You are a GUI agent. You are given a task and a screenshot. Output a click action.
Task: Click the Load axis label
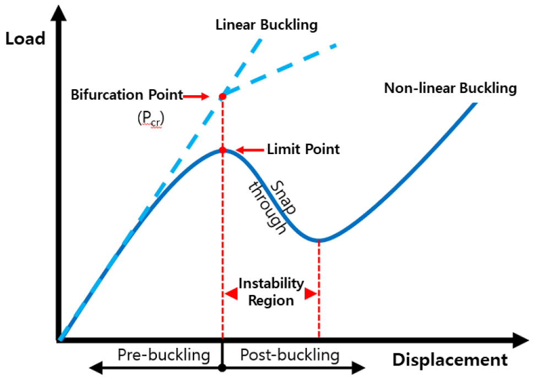pos(25,39)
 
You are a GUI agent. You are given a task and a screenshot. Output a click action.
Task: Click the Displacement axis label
pos(450,360)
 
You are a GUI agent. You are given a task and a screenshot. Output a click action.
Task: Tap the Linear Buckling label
pos(267,25)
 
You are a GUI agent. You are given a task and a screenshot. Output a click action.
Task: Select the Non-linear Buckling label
pos(450,88)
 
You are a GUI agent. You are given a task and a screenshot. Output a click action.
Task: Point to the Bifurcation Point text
pos(127,95)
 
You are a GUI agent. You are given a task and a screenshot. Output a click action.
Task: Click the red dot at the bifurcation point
pos(222,97)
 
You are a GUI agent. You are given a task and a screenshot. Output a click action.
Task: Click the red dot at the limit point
pos(222,150)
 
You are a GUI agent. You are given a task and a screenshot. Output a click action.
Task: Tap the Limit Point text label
pos(303,149)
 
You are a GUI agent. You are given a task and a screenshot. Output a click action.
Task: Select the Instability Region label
pos(271,292)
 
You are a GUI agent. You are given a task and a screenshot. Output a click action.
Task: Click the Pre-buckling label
pos(164,355)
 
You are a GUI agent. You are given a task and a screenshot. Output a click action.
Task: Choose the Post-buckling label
pos(290,355)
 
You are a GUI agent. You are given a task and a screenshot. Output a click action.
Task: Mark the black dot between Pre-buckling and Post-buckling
pos(222,368)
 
